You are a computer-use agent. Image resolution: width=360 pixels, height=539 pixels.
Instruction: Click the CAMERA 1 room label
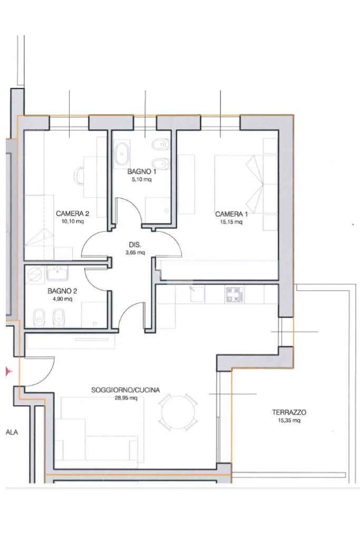tap(231, 214)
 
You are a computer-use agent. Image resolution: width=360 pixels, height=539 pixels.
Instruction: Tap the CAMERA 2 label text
tap(73, 213)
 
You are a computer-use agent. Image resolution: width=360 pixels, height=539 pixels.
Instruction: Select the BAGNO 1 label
tap(142, 172)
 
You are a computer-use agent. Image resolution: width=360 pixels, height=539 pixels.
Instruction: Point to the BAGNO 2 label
tap(62, 291)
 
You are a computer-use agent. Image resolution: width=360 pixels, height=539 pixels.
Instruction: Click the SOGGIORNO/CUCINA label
tap(125, 390)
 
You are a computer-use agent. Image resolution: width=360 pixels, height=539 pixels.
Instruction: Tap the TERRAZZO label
tap(289, 412)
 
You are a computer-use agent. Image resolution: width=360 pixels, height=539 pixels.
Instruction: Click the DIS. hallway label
tap(135, 245)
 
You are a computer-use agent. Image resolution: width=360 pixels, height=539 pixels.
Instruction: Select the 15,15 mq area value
tap(231, 222)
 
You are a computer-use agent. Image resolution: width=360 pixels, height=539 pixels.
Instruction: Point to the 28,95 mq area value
tap(126, 398)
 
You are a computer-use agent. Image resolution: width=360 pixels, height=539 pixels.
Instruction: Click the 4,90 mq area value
tap(63, 299)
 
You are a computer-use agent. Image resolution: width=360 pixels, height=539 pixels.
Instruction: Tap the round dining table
tap(178, 412)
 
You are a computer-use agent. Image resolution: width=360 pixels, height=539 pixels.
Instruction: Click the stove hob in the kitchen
tap(235, 295)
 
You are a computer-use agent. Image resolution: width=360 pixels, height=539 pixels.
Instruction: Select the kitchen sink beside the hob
tap(197, 294)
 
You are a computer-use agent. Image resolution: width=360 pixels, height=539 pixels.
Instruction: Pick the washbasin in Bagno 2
tap(57, 273)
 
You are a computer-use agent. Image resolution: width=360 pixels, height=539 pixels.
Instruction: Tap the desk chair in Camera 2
tap(80, 176)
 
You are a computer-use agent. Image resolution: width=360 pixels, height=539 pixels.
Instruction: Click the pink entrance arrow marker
tap(8, 371)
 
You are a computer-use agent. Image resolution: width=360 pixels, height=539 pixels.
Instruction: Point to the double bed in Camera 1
tap(246, 184)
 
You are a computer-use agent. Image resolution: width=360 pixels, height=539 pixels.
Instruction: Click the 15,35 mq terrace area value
tap(289, 420)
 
